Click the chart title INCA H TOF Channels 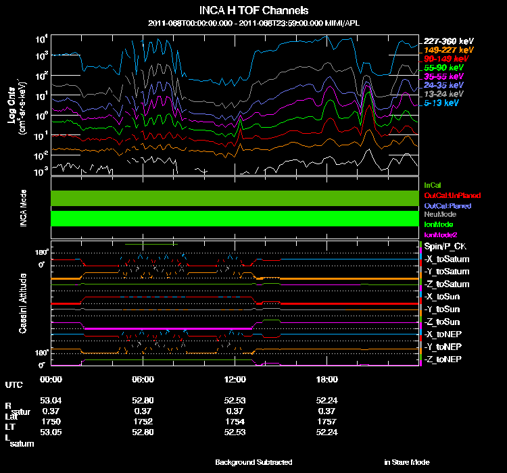pyautogui.click(x=254, y=10)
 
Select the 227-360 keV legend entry pyautogui.click(x=445, y=41)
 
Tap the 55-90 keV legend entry pyautogui.click(x=443, y=68)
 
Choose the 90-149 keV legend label pyautogui.click(x=444, y=59)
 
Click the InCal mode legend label pyautogui.click(x=432, y=184)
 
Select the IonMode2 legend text pyautogui.click(x=441, y=234)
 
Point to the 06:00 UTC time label pyautogui.click(x=143, y=379)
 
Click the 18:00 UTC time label pyautogui.click(x=327, y=379)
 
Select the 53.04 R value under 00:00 pyautogui.click(x=51, y=400)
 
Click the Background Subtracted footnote pyautogui.click(x=254, y=462)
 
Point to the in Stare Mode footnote pyautogui.click(x=406, y=462)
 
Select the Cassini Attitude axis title pyautogui.click(x=24, y=302)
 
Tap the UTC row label pyautogui.click(x=14, y=384)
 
